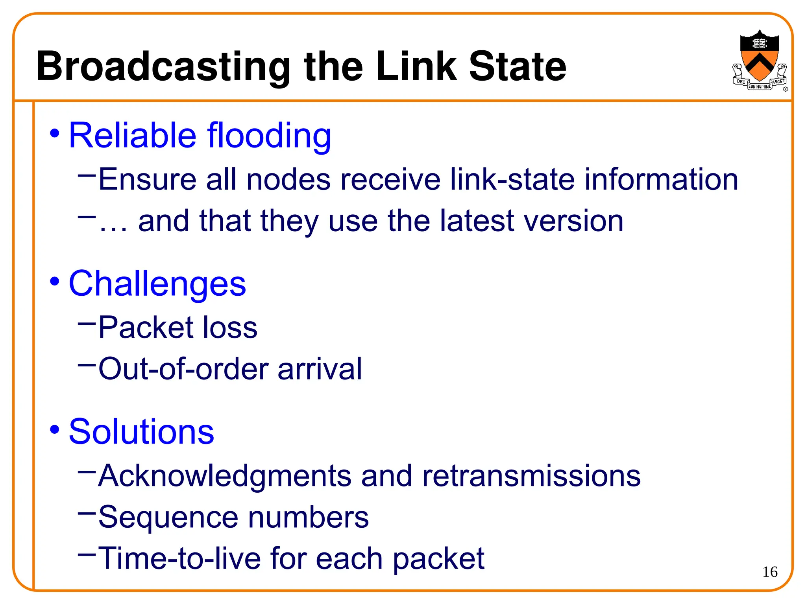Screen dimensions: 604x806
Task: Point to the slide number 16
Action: (770, 572)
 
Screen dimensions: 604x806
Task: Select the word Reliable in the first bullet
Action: (132, 135)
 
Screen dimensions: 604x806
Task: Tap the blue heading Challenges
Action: (157, 284)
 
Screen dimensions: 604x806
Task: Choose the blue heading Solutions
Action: (141, 432)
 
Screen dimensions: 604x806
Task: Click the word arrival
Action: (320, 369)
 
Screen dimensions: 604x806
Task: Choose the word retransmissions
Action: (531, 476)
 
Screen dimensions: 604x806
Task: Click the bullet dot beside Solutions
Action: (54, 429)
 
